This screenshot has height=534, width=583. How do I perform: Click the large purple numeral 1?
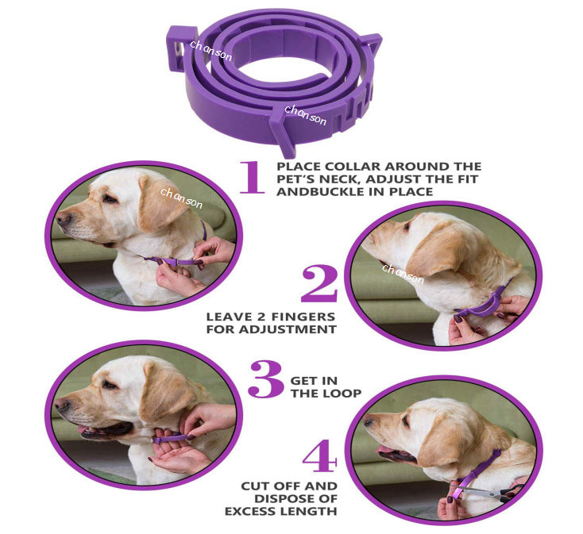252,177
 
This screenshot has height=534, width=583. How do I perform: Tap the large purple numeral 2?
319,284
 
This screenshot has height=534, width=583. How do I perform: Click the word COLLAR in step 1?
342,167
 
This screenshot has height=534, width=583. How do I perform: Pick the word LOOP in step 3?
342,393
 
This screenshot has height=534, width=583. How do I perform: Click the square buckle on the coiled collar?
180,48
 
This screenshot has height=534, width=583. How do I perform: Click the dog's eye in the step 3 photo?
108,385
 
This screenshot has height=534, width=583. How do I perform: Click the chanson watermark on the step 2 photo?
403,274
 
